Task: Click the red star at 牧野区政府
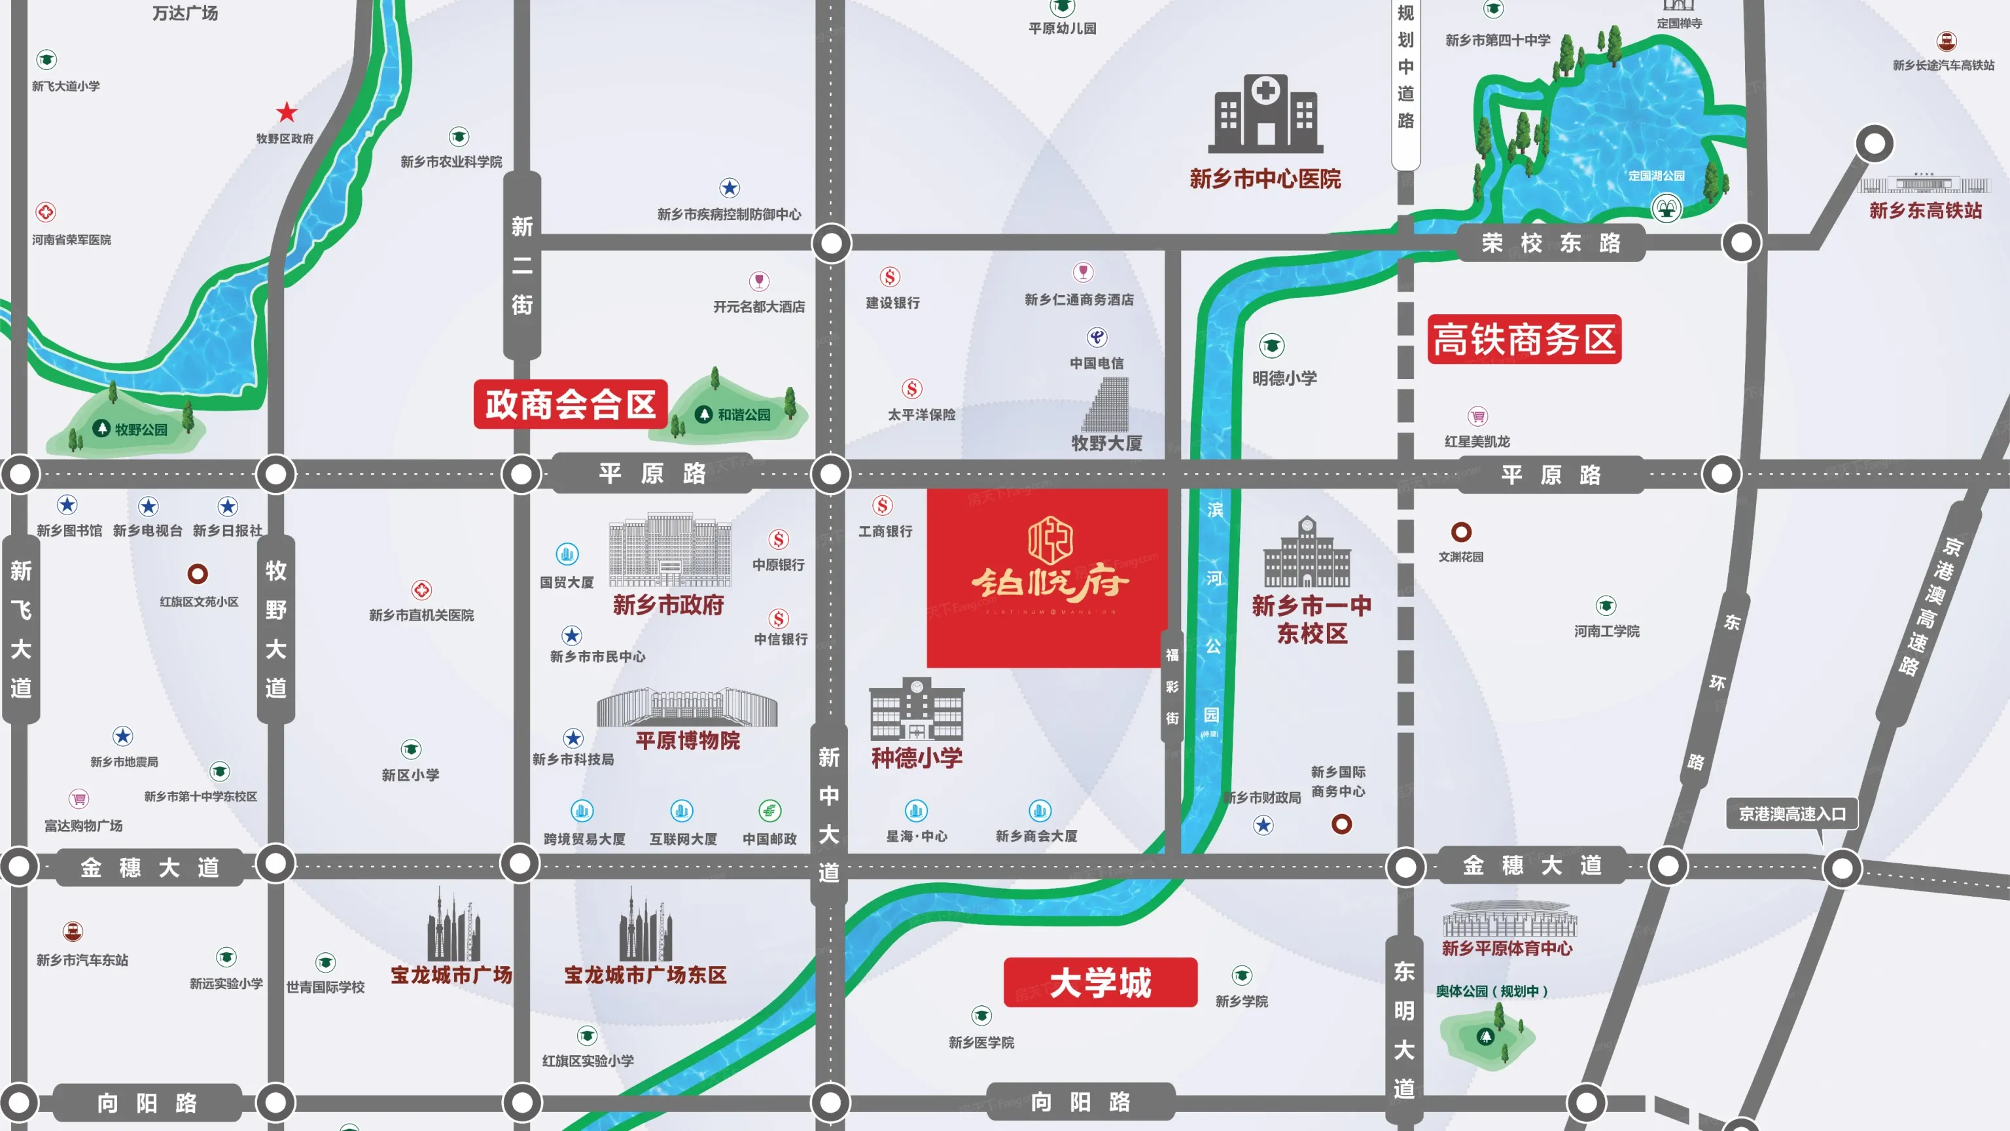point(287,113)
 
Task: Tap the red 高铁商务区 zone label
point(1524,340)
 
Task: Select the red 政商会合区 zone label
point(571,404)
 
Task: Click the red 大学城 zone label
point(1099,982)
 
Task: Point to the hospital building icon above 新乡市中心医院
point(1265,113)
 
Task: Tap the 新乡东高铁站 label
point(1925,211)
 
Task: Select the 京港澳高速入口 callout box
point(1791,814)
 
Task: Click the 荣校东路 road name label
point(1551,243)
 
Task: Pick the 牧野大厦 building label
point(1106,443)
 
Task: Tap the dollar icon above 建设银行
point(890,277)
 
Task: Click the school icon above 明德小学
point(1271,345)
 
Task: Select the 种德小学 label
point(917,758)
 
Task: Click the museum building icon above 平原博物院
point(686,706)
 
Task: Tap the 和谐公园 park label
point(743,415)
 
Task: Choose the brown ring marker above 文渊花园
point(1460,532)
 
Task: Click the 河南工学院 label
point(1606,631)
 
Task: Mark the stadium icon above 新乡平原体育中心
point(1509,920)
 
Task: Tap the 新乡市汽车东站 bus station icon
point(73,931)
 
